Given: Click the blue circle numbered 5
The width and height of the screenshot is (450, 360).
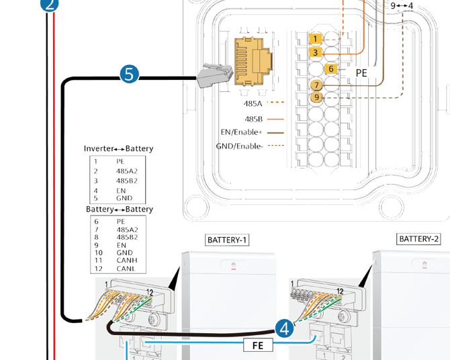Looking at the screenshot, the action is click(x=130, y=74).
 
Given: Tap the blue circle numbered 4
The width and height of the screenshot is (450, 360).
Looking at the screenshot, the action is click(x=284, y=328).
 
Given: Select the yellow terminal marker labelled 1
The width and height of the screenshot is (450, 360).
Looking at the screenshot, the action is click(x=316, y=38).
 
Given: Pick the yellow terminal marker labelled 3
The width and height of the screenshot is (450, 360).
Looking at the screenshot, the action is click(x=316, y=52).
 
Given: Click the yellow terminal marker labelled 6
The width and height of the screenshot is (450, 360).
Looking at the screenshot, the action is click(x=331, y=69).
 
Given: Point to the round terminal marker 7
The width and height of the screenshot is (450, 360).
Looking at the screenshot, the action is click(x=316, y=85).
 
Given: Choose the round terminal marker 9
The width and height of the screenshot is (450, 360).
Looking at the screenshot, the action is click(x=316, y=97).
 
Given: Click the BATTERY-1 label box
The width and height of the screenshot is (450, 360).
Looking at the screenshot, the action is click(x=227, y=240).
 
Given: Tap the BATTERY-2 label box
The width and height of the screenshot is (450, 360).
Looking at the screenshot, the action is click(x=418, y=239).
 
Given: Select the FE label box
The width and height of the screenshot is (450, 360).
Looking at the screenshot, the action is click(x=258, y=345).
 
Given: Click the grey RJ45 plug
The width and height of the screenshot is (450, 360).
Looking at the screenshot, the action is click(x=215, y=76).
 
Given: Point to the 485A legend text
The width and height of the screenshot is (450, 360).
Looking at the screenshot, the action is click(x=253, y=103).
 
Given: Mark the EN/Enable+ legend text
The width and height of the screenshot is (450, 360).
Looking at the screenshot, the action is click(x=241, y=132).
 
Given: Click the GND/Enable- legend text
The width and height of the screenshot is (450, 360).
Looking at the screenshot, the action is click(x=240, y=146).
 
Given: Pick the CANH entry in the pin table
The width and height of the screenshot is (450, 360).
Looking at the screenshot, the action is click(x=127, y=261).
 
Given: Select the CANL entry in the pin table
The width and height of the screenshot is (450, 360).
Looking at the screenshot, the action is click(x=126, y=269).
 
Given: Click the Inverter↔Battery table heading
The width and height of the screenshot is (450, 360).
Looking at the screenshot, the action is click(x=118, y=148).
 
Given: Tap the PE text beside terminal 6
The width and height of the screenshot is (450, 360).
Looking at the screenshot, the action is click(x=361, y=73).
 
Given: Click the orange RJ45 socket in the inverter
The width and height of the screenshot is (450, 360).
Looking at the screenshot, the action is click(x=253, y=61).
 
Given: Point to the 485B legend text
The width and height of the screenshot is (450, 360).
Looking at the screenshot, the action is click(x=254, y=119).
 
